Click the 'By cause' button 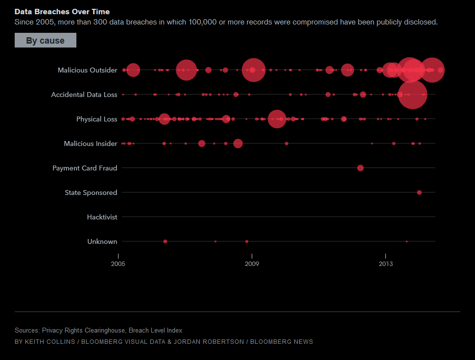[x=45, y=40]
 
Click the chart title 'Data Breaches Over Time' [x=62, y=11]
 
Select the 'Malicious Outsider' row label [x=87, y=70]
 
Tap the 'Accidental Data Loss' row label [x=84, y=95]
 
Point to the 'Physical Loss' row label [x=96, y=119]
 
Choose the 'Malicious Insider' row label [x=91, y=144]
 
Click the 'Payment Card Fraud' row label [x=85, y=168]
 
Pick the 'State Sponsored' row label [x=91, y=192]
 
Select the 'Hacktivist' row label [x=102, y=217]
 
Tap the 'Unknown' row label [x=102, y=241]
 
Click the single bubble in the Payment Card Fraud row [x=360, y=168]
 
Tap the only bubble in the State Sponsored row [x=419, y=192]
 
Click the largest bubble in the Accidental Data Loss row [x=412, y=95]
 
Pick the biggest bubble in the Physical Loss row [x=277, y=119]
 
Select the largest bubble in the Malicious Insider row [x=238, y=144]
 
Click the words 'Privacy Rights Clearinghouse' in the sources [x=83, y=331]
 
